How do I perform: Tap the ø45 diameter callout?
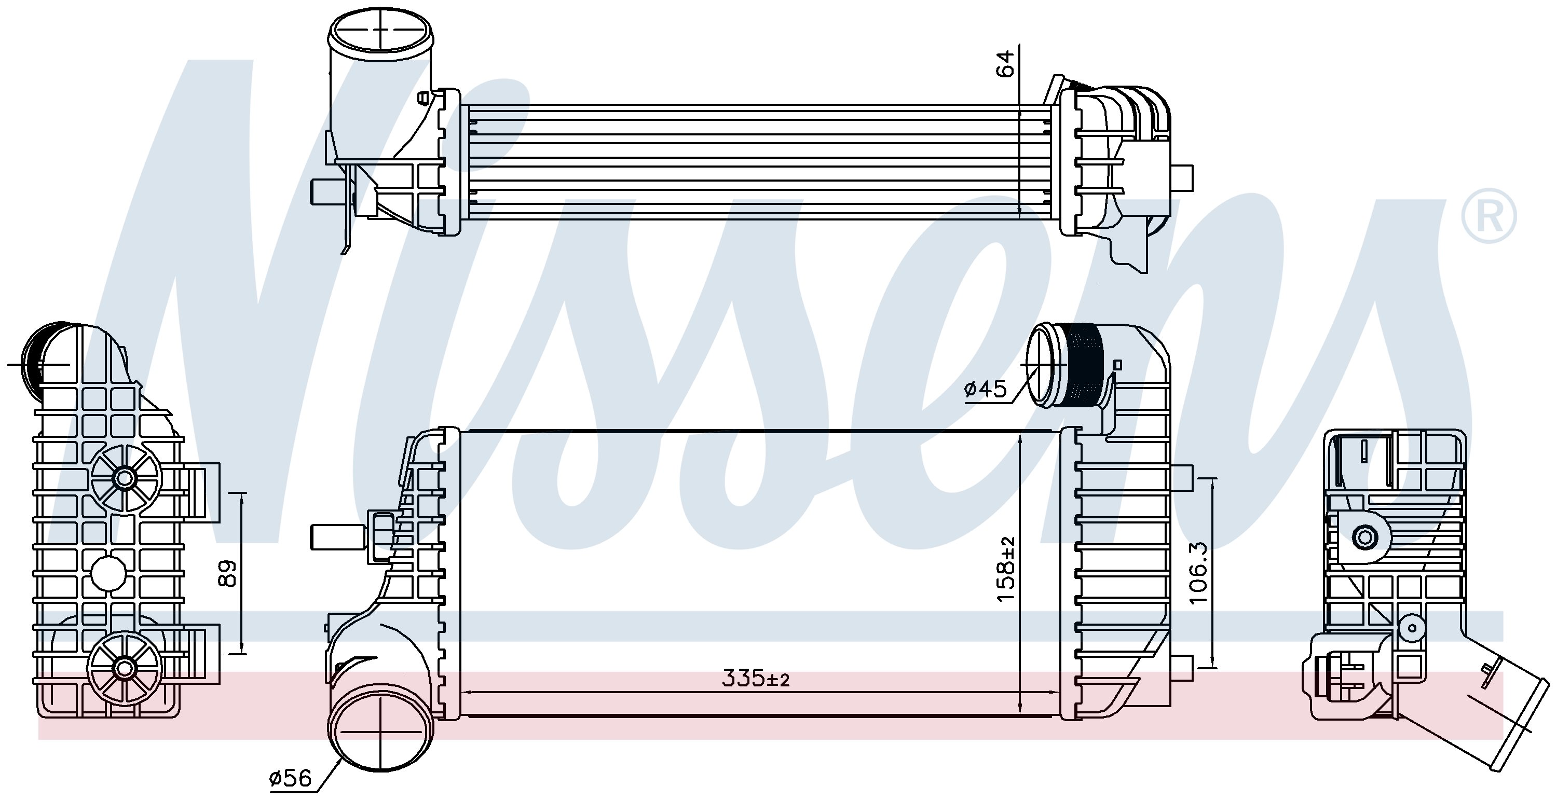[986, 389]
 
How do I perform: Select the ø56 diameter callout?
[290, 778]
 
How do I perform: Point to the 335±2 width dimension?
[756, 679]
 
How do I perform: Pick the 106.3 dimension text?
[1197, 572]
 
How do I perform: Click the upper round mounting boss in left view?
[125, 478]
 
